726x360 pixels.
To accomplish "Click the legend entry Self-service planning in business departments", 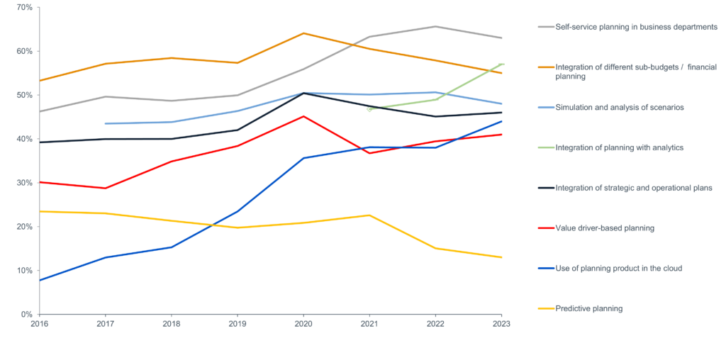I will [636, 27].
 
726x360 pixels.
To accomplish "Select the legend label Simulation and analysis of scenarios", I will [619, 107].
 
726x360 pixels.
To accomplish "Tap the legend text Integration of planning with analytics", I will [619, 147].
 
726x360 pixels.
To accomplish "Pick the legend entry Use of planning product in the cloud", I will [618, 269].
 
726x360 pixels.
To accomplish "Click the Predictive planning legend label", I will [589, 308].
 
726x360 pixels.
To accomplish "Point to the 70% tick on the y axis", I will [24, 7].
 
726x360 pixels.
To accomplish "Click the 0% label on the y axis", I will [27, 314].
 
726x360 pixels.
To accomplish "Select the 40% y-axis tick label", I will [24, 139].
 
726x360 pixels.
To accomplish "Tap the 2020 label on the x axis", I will [303, 323].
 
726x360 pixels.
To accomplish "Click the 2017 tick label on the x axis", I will [105, 323].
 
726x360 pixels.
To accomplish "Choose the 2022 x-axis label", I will [435, 323].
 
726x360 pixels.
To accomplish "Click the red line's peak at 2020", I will [303, 116].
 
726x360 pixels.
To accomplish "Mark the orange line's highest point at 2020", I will [303, 33].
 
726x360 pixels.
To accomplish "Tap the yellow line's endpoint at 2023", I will [501, 257].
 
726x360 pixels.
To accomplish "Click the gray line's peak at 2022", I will [435, 26].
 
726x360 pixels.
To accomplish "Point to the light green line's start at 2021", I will [369, 109].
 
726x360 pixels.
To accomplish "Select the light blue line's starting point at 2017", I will [105, 123].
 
